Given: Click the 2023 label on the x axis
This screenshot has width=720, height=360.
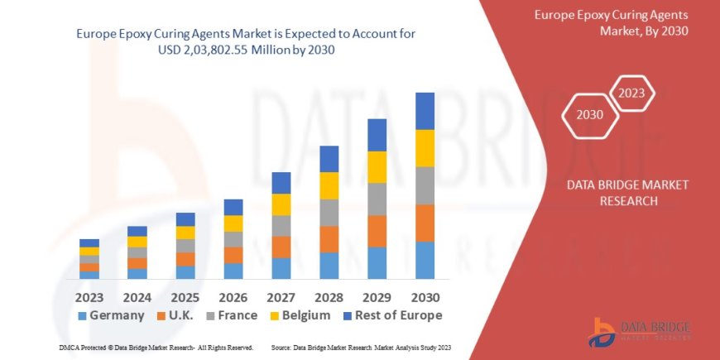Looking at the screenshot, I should click(89, 295).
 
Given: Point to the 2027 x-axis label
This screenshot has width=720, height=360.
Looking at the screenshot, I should click(281, 295).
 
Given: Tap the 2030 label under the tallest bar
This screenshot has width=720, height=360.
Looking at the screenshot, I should click(425, 295).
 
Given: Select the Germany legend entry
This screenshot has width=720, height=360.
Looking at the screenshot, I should click(111, 315).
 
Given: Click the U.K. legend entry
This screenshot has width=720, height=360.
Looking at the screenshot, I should click(180, 315).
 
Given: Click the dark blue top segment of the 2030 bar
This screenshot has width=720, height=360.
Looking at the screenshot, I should click(425, 111).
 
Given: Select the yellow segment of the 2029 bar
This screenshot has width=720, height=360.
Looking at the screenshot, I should click(377, 167).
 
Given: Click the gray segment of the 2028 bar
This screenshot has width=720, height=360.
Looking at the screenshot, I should click(329, 212).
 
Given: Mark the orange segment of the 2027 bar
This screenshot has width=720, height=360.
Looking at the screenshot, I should click(281, 247).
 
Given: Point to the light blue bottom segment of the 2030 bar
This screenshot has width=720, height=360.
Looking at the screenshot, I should click(425, 260).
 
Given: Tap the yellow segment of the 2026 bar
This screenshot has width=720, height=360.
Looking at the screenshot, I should click(233, 223).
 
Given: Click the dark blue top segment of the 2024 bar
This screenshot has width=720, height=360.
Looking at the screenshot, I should click(137, 231).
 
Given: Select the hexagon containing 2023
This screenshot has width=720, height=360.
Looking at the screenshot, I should click(632, 93).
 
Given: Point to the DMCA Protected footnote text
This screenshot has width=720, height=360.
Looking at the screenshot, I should click(156, 347).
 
